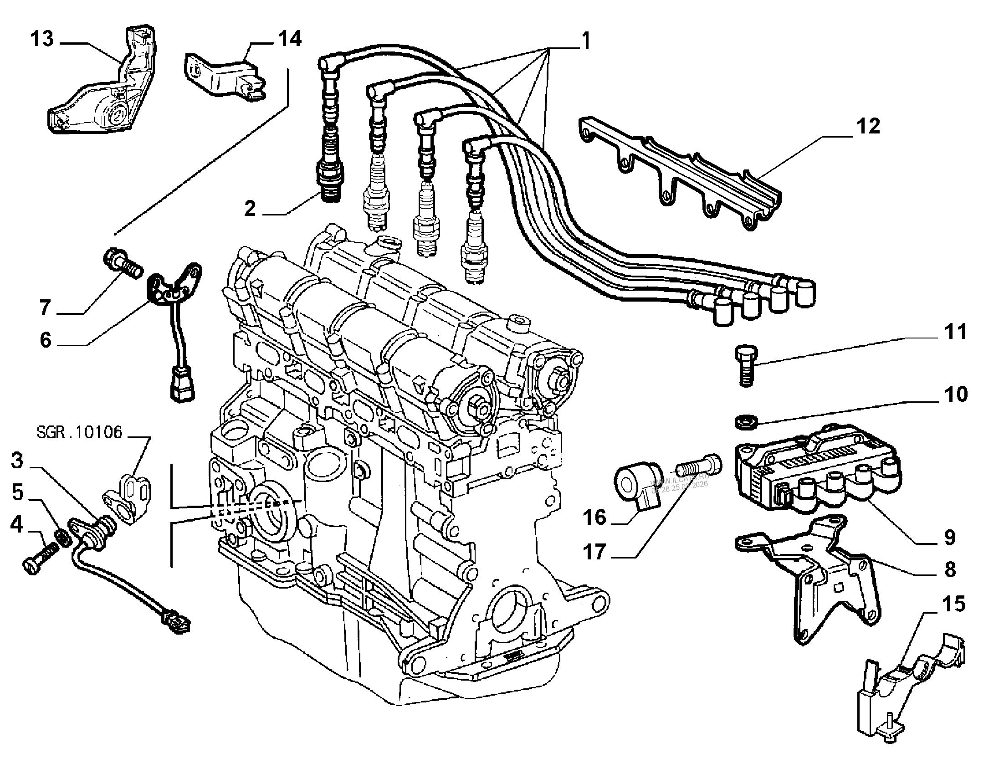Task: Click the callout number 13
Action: [42, 39]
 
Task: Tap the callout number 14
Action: [289, 39]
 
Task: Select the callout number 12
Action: [868, 127]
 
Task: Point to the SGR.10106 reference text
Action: [80, 432]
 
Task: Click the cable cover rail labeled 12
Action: [681, 175]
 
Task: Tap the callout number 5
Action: [17, 492]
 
